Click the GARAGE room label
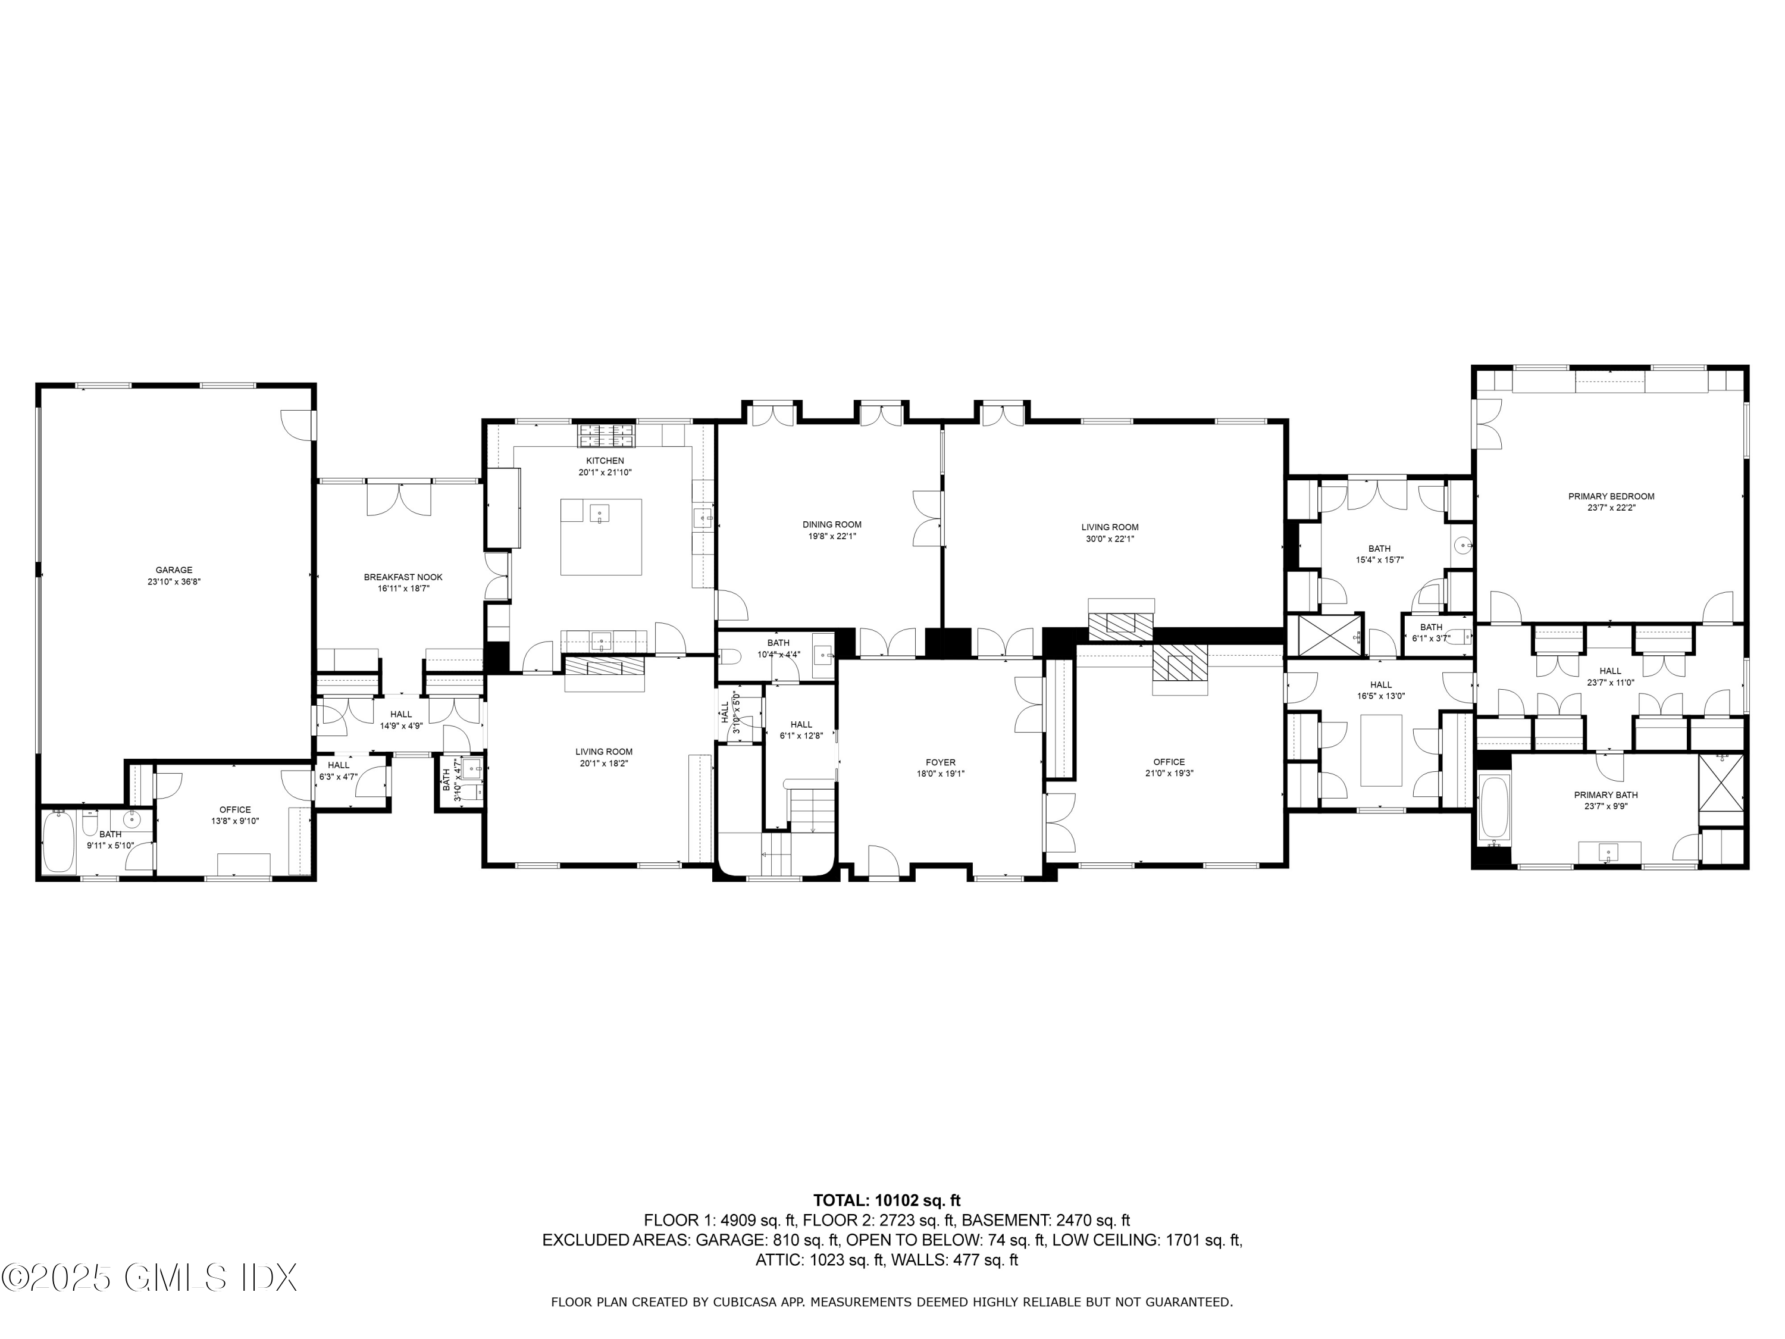(x=174, y=570)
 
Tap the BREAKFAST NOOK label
(x=403, y=577)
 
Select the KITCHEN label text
(x=605, y=461)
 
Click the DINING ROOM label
(x=831, y=525)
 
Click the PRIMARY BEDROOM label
(x=1611, y=496)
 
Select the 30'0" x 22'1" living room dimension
(x=1110, y=539)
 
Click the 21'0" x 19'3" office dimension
(x=1169, y=773)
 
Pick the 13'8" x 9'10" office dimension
(x=235, y=821)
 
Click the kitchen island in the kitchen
(x=601, y=537)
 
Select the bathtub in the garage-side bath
(x=58, y=843)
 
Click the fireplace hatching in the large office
(x=1180, y=665)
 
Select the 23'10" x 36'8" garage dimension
(x=174, y=581)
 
